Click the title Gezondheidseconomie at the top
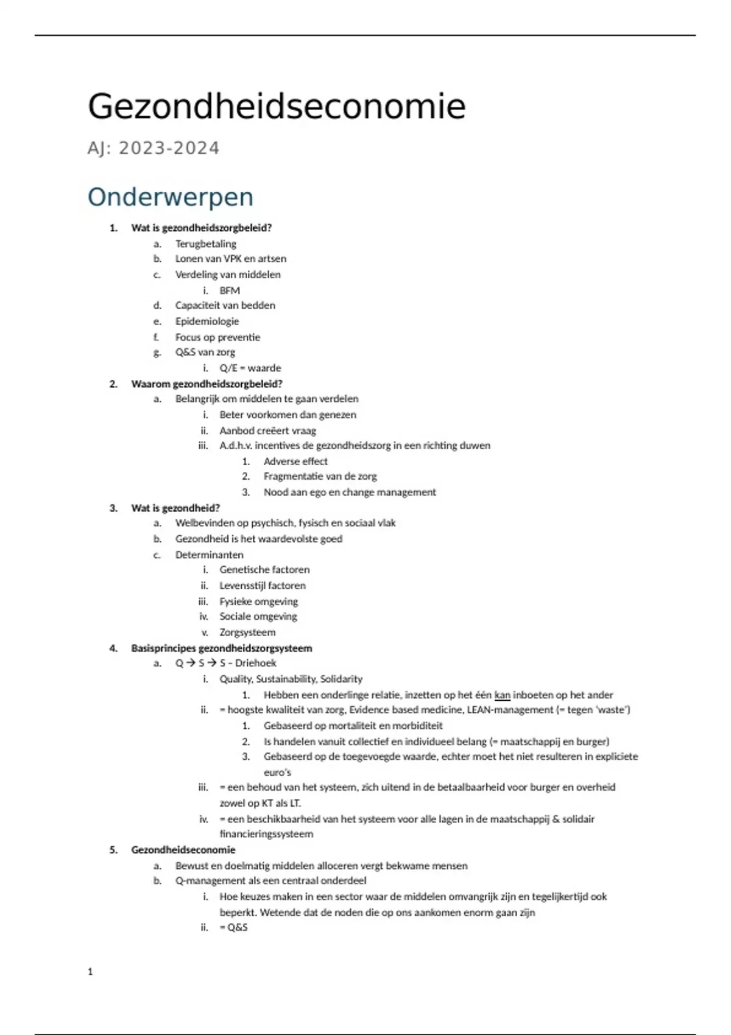point(277,107)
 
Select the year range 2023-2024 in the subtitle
point(169,148)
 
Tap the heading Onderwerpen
point(170,197)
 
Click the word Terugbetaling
point(205,244)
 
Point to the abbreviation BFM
point(230,290)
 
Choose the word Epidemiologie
point(207,321)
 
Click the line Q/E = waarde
point(250,368)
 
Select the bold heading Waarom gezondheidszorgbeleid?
point(207,384)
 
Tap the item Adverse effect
point(295,461)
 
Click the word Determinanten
point(209,555)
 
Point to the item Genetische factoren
point(264,569)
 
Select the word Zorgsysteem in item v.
point(247,632)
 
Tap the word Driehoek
point(256,662)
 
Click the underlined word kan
point(502,695)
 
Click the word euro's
point(277,772)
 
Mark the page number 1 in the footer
point(90,972)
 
